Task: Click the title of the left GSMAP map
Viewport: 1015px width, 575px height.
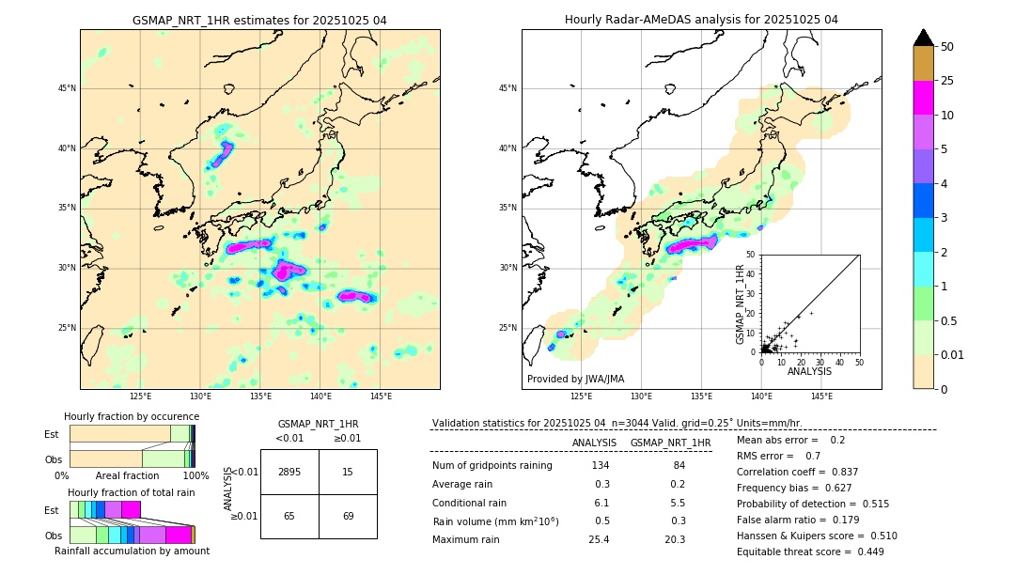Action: pyautogui.click(x=259, y=20)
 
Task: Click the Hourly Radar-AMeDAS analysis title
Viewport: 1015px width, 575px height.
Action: pyautogui.click(x=701, y=20)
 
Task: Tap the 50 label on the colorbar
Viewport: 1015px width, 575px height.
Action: pyautogui.click(x=947, y=47)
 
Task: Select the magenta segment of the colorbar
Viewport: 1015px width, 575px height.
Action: pyautogui.click(x=923, y=98)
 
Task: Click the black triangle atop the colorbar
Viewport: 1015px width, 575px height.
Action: pyautogui.click(x=923, y=38)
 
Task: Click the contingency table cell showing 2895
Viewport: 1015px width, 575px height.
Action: pyautogui.click(x=289, y=472)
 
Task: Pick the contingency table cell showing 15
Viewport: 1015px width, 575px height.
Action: pyautogui.click(x=348, y=472)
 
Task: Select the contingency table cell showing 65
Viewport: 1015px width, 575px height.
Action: pyautogui.click(x=289, y=517)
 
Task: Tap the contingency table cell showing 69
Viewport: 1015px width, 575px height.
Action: pyautogui.click(x=348, y=517)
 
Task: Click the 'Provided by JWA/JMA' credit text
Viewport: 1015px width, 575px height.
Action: pyautogui.click(x=574, y=379)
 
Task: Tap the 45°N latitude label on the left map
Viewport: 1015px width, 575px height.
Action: pyautogui.click(x=67, y=88)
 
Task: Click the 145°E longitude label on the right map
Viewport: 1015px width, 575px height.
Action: pyautogui.click(x=821, y=396)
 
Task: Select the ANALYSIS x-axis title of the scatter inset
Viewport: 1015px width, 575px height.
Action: pyautogui.click(x=809, y=371)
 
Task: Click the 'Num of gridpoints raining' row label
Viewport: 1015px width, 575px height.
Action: pyautogui.click(x=492, y=466)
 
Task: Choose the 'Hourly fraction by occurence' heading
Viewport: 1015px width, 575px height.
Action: pyautogui.click(x=132, y=416)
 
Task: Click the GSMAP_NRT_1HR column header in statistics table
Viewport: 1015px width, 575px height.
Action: pyautogui.click(x=670, y=443)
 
